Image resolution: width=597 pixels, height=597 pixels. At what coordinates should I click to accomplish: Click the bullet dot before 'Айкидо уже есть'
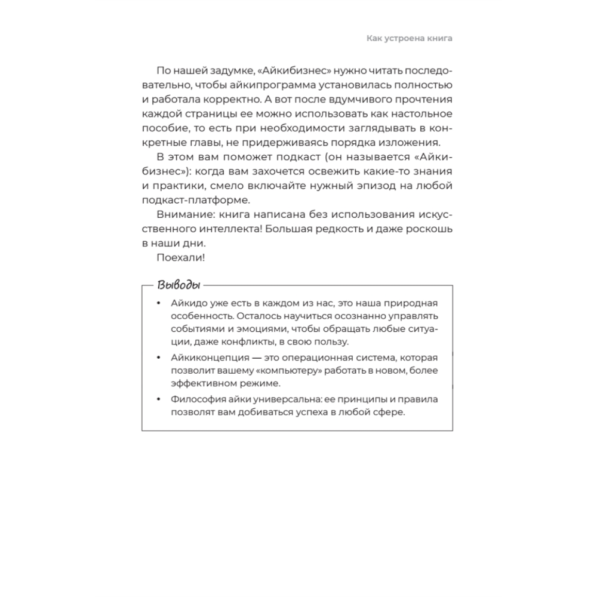[158, 303]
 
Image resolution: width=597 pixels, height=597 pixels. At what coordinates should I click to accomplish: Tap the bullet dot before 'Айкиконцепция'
[158, 358]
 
